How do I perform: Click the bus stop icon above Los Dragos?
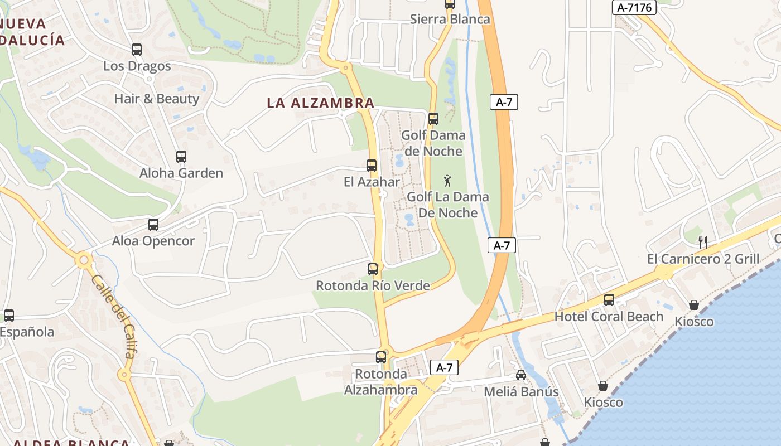(137, 50)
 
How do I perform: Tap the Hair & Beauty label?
(156, 99)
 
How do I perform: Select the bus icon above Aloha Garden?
(181, 157)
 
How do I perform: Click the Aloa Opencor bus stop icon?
(153, 225)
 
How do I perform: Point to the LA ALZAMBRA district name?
(320, 103)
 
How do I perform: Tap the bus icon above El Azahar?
(372, 166)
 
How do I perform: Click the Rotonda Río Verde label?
(373, 285)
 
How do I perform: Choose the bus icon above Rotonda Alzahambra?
(381, 357)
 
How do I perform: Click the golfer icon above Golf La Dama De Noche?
(447, 181)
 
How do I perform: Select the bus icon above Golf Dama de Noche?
(433, 119)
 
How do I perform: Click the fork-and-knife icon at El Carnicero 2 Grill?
(703, 242)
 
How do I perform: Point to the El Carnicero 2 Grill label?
(703, 259)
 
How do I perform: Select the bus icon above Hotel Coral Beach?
(609, 300)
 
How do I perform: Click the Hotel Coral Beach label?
(609, 317)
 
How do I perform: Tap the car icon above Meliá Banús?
(521, 375)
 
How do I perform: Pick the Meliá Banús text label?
(521, 391)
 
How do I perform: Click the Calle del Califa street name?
(113, 316)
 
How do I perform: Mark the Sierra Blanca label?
(450, 19)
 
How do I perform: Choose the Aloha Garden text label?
(181, 173)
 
